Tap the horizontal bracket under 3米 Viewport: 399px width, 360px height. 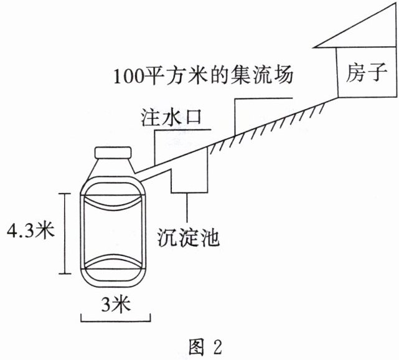115,320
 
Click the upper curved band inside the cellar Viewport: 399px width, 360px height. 113,202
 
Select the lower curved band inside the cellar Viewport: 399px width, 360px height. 113,265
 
